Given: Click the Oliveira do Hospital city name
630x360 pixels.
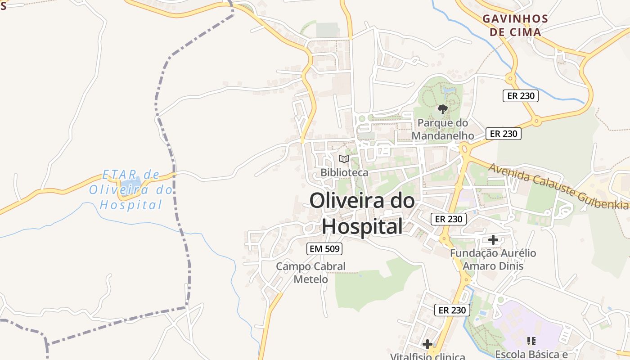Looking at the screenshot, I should [x=362, y=213].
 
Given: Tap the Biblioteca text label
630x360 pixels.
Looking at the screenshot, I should [x=344, y=172].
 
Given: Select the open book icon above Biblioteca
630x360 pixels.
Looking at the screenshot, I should [x=344, y=159].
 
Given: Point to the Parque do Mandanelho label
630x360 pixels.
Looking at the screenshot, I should [x=443, y=129].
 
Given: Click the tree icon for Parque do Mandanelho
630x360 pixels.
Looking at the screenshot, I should [x=443, y=109].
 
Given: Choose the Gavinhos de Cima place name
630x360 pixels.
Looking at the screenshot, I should [x=515, y=25].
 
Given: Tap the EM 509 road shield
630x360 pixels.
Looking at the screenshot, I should [x=324, y=248].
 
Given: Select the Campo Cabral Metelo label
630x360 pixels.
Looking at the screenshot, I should [x=310, y=273].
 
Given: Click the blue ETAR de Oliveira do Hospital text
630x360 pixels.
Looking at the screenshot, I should [x=130, y=190].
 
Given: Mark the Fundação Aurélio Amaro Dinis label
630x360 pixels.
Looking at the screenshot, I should [x=493, y=259].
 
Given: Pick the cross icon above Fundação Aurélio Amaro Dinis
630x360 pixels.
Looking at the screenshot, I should [x=493, y=240].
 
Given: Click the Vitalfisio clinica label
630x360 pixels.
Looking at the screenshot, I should [x=427, y=356].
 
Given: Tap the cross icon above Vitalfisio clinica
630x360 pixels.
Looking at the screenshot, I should [x=427, y=345].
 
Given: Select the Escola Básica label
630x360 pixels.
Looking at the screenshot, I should [x=531, y=354].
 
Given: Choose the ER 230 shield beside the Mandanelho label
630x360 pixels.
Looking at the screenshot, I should [x=504, y=134].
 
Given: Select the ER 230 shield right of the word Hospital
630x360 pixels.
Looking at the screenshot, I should [x=449, y=219].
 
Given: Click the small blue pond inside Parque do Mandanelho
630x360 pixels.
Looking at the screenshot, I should [x=448, y=90].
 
